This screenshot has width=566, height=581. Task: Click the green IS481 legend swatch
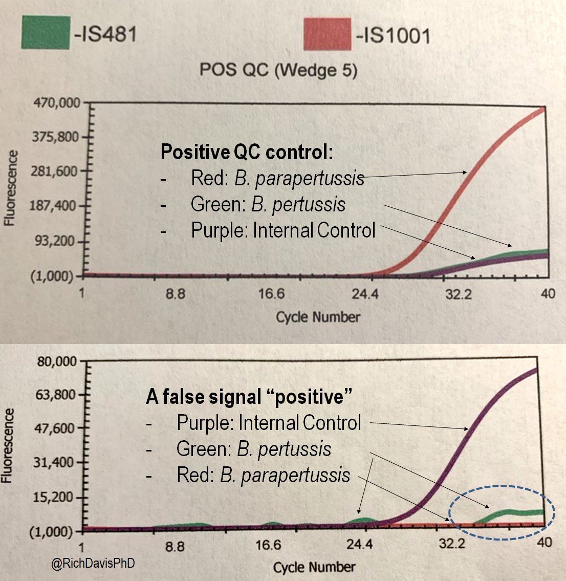(46, 33)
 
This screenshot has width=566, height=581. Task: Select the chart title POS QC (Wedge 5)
(278, 70)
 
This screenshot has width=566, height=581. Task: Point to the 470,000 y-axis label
(57, 103)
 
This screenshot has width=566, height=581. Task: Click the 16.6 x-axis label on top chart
(271, 294)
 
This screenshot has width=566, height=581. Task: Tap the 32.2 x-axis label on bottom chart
(452, 543)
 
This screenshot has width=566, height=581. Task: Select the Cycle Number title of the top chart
(318, 317)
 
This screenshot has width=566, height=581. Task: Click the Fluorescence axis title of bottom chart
(7, 445)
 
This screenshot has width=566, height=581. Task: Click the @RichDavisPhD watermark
(93, 564)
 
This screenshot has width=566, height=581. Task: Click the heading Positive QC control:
(247, 152)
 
